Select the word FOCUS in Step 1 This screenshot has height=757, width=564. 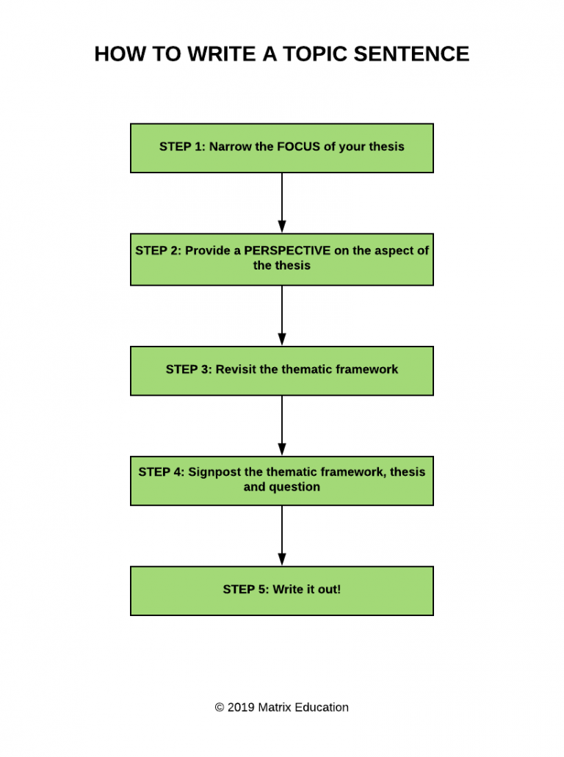point(298,146)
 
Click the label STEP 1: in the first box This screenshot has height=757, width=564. point(182,146)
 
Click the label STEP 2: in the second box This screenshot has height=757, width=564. point(158,250)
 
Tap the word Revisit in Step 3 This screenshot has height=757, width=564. point(236,369)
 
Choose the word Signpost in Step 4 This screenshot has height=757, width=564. point(214,471)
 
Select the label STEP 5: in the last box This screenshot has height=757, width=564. point(246,589)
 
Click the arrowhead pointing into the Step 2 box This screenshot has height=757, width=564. point(282,227)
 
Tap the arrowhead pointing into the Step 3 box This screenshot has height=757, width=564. point(282,338)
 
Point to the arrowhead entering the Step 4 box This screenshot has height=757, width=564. point(282,449)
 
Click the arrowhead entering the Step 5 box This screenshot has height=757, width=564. point(282,559)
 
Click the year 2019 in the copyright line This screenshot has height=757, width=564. point(241,707)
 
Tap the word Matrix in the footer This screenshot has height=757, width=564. point(275,707)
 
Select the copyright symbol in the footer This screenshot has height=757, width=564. point(219,707)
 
